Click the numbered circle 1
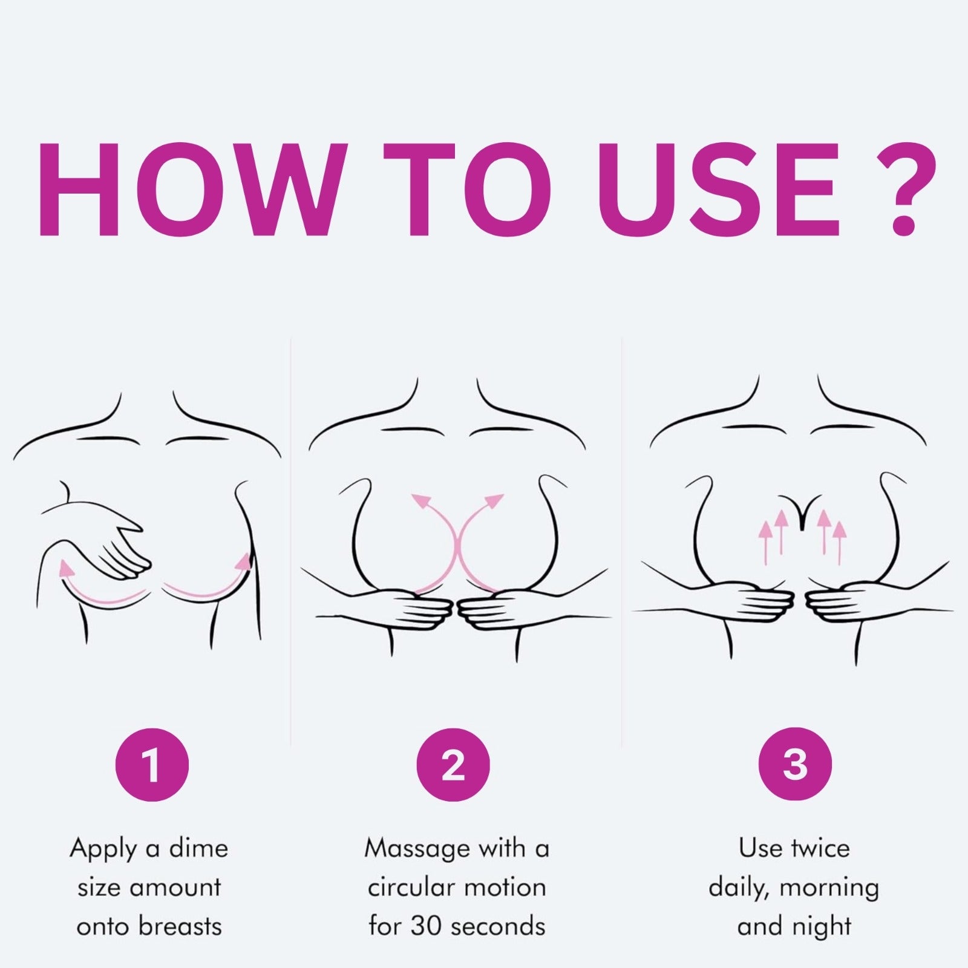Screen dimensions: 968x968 [152, 765]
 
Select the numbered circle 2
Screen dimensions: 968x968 [453, 765]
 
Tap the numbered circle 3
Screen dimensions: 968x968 [795, 765]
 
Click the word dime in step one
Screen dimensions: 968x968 [198, 848]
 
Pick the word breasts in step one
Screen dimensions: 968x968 [181, 927]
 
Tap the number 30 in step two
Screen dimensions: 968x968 [425, 927]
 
